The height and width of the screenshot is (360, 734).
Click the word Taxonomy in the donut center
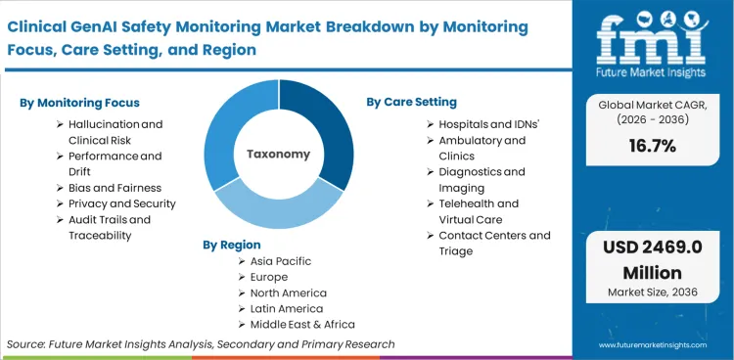click(278, 154)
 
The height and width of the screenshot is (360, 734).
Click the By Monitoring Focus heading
click(80, 102)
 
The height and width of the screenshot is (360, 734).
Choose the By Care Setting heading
click(411, 102)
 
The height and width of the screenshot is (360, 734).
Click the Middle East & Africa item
click(302, 324)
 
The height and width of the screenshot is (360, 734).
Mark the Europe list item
click(270, 277)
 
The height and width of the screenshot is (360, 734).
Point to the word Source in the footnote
click(27, 344)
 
